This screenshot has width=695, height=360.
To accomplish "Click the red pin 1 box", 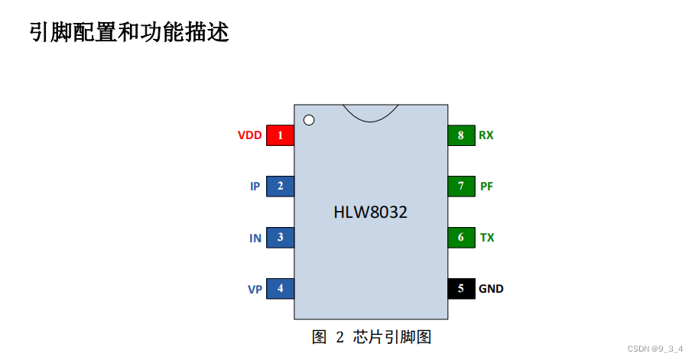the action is pos(281,135).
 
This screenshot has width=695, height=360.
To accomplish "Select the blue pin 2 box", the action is pos(281,186).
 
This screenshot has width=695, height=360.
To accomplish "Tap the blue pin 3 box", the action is pos(281,238).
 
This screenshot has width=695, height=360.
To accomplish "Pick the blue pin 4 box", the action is pos(281,289).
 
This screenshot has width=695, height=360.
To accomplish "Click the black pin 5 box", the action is pos(461,289).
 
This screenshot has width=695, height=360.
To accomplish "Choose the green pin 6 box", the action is pos(461,238).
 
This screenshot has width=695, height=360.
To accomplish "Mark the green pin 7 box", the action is pos(461,186).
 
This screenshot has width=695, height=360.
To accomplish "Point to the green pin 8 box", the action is pos(461,135).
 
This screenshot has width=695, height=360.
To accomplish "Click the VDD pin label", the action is pos(250,136).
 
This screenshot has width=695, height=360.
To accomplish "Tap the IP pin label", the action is pos(255,186).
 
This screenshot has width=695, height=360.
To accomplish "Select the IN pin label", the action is pos(255,238).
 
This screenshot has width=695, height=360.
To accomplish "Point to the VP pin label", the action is pos(255,290).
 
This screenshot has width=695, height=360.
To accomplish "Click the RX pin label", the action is pos(486,135).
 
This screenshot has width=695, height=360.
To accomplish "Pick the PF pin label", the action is pos(486,186).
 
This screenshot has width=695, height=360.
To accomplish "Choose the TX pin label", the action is pos(487,238).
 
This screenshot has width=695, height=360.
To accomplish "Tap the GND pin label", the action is pos(491,289).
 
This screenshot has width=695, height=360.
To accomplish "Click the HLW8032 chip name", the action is pos(371,212).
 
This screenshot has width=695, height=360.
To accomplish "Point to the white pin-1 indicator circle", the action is pos(309,120).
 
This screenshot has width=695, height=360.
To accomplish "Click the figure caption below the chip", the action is pos(372,337).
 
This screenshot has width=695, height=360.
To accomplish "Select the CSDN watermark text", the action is pos(654,349).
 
